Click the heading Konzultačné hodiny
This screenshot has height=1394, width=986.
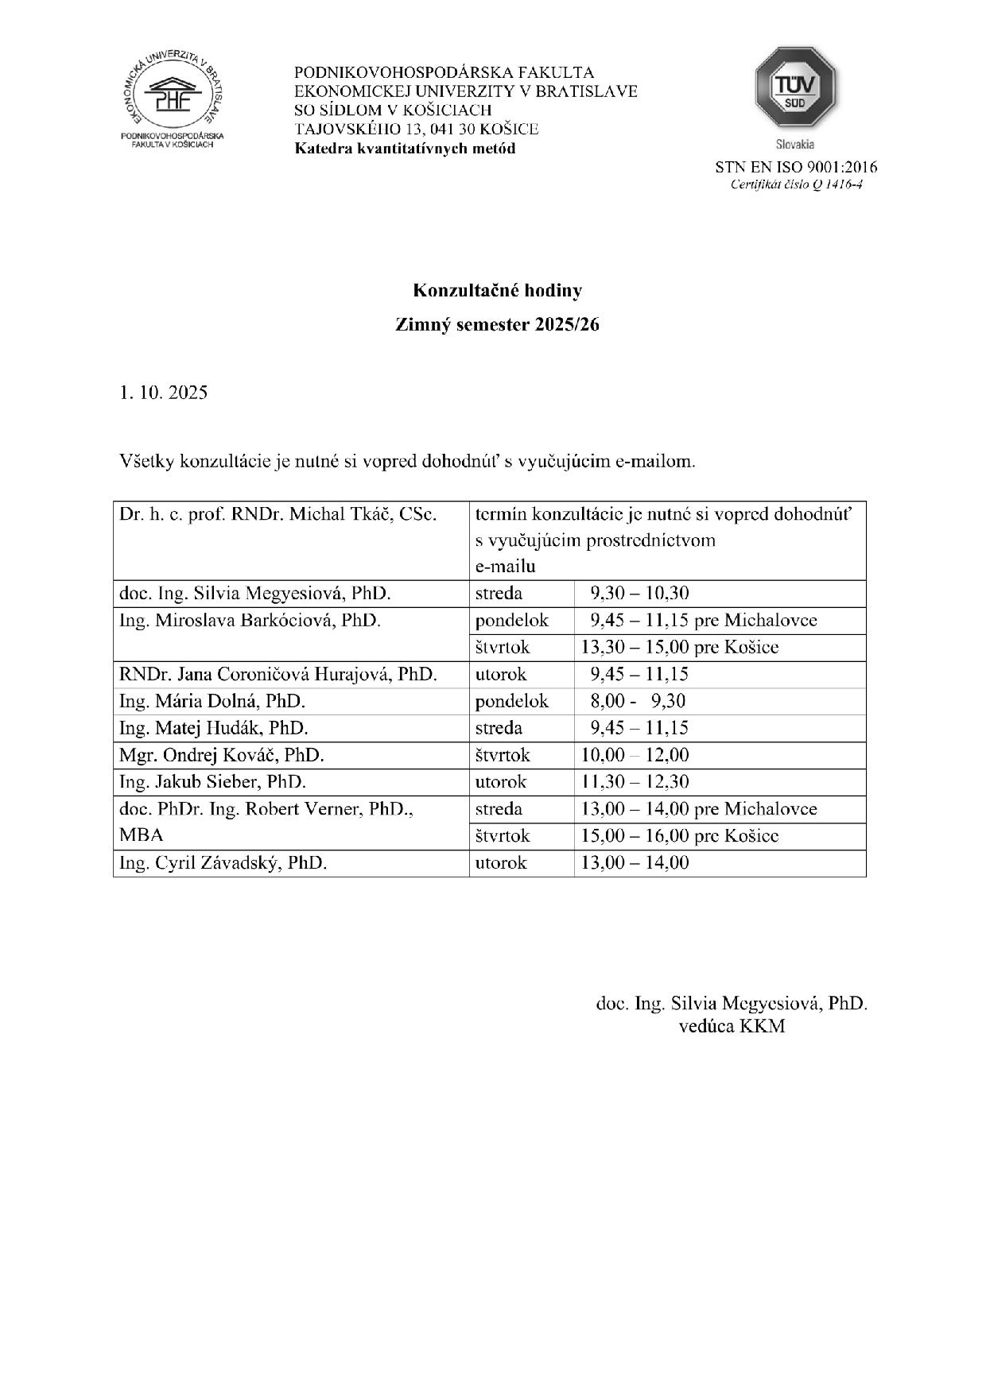(497, 291)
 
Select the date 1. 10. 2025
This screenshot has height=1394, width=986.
(163, 393)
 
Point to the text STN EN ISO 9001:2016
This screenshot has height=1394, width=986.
(795, 167)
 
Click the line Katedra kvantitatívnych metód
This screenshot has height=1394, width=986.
(405, 149)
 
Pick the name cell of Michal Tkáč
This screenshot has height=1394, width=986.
(278, 514)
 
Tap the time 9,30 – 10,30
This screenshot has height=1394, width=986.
(639, 594)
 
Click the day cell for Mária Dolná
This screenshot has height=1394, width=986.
(511, 701)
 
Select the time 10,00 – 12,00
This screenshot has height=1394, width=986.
(635, 755)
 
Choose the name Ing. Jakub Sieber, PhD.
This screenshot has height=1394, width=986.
(212, 782)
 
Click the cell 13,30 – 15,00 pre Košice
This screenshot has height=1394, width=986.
(679, 648)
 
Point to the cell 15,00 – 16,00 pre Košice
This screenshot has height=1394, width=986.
(679, 836)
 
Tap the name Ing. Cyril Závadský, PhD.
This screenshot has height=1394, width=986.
(223, 863)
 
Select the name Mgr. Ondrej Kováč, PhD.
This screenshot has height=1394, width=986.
(221, 755)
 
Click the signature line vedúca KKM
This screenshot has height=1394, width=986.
(732, 1026)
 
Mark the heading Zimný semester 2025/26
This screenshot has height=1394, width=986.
(497, 325)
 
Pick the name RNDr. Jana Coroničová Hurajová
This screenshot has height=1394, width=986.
(278, 675)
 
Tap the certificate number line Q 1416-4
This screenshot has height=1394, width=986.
(796, 185)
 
